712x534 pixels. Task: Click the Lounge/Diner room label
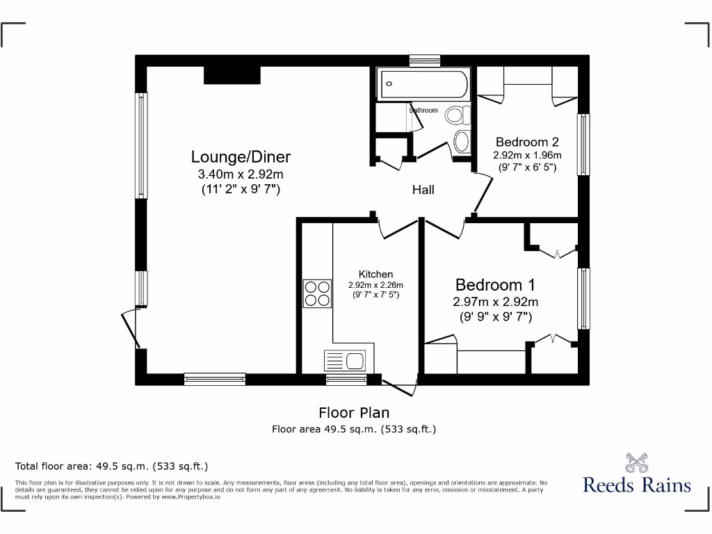point(241,156)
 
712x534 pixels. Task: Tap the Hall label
point(423,190)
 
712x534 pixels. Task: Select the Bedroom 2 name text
point(527,142)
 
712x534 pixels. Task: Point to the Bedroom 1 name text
point(495,284)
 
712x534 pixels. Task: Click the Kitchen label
point(375,274)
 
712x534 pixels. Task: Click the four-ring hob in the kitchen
point(317,293)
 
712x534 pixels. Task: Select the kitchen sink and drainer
point(345,361)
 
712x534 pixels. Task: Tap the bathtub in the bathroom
point(424,84)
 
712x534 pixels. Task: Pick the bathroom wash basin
point(462,141)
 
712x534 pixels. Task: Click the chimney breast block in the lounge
point(232,75)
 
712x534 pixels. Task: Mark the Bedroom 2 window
point(583,145)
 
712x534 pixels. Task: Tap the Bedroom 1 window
point(583,298)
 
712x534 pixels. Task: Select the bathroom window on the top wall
point(425,61)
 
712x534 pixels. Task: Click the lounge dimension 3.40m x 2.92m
point(241,174)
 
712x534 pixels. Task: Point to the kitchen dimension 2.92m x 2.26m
point(375,285)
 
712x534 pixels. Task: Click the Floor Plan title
point(354,413)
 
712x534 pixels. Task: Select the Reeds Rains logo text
point(637,485)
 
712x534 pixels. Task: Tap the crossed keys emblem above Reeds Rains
point(637,462)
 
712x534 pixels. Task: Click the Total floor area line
point(111,467)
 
